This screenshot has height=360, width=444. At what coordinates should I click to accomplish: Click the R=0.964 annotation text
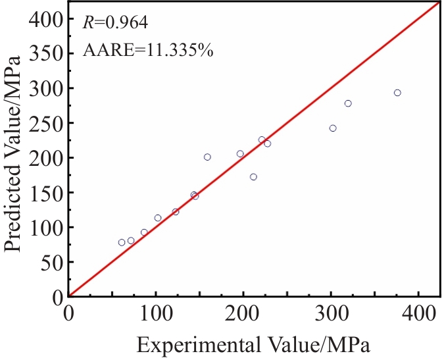tap(115, 23)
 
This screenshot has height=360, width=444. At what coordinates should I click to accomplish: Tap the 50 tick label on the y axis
tap(52, 262)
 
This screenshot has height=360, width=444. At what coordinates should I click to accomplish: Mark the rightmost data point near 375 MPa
tap(397, 93)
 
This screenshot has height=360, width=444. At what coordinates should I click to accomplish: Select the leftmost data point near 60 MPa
tap(122, 242)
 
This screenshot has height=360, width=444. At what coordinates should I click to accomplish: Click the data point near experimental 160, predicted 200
tap(207, 157)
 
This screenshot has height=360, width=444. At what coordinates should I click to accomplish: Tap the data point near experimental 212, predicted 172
tap(253, 176)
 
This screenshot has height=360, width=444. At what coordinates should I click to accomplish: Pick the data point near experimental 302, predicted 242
tap(333, 128)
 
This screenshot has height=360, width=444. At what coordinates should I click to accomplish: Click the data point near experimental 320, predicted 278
tap(348, 103)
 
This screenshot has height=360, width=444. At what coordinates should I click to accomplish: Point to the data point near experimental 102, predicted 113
tap(158, 218)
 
